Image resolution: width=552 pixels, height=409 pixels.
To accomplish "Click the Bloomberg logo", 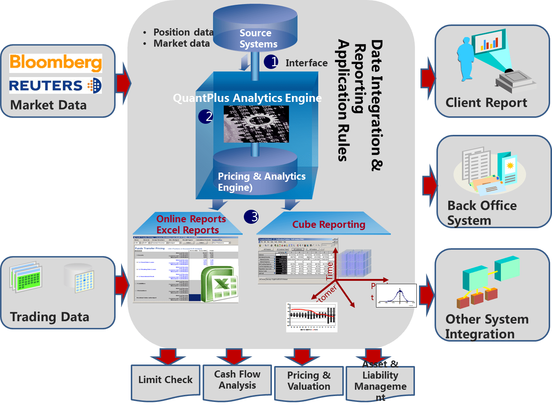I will (x=56, y=63).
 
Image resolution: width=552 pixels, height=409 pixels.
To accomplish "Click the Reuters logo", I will (x=55, y=86).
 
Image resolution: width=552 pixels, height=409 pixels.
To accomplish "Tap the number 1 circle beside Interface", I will (x=271, y=61).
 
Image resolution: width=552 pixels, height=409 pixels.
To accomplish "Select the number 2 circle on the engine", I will (x=206, y=116).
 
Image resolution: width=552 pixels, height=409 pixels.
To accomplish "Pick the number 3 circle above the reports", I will (x=251, y=217).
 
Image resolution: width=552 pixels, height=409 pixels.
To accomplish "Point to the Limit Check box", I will (x=165, y=380).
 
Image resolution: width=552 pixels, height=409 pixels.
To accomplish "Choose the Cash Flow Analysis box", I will (x=237, y=380).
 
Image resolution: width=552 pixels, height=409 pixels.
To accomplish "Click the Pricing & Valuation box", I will (x=309, y=381).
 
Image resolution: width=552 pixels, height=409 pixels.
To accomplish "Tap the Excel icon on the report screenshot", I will (x=219, y=285).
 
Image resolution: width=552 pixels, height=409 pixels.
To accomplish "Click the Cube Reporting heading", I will (x=329, y=225).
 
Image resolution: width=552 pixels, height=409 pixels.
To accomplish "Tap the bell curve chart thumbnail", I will (x=396, y=296).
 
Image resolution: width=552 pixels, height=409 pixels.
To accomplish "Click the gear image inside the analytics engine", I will (x=256, y=124).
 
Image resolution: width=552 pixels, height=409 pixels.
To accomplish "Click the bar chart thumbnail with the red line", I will (x=312, y=317).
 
